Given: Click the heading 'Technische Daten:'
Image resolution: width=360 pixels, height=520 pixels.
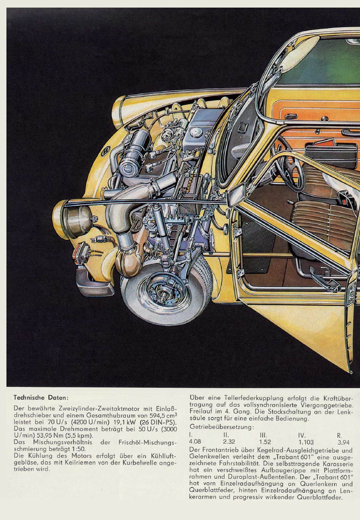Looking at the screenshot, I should tap(41, 398).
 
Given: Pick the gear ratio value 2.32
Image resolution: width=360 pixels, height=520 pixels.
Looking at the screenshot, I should tap(229, 442).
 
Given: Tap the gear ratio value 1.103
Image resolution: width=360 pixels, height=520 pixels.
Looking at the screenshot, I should tap(306, 442).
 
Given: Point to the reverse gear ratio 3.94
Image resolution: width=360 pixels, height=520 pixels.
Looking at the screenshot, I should tap(343, 442).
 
